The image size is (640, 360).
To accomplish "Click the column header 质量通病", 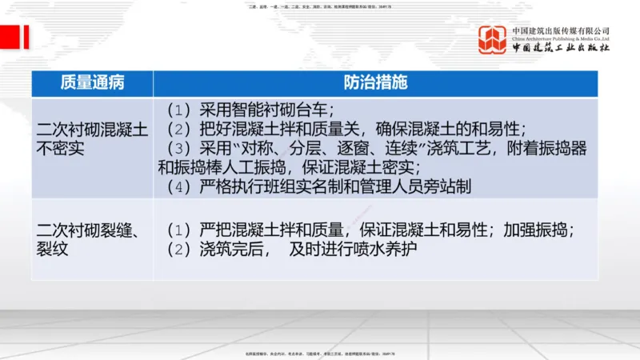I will tap(92, 83).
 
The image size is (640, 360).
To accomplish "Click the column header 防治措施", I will tap(375, 83).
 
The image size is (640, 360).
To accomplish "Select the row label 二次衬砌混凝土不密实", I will tap(92, 138).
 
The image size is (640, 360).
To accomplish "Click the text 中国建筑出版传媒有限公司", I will tap(561, 30).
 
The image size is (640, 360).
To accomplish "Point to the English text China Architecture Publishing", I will tap(561, 38).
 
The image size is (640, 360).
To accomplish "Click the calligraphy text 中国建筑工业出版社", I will tap(561, 48).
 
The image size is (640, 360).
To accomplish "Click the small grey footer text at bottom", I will tap(319, 353).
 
